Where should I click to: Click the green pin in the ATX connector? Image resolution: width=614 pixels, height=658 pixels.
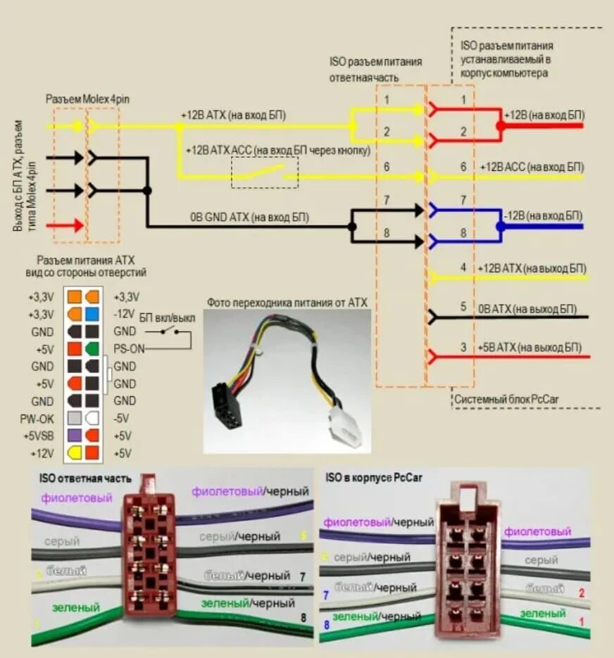pyautogui.click(x=92, y=348)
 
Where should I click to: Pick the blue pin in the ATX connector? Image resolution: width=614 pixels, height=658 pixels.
pyautogui.click(x=92, y=313)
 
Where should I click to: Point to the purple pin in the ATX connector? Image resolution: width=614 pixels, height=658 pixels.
pyautogui.click(x=75, y=436)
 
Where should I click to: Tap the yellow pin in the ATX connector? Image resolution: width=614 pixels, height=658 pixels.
pyautogui.click(x=75, y=453)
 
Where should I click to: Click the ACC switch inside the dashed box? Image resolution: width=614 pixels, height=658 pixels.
pyautogui.click(x=265, y=172)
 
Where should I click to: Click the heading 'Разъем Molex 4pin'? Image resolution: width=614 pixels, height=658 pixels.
pyautogui.click(x=87, y=98)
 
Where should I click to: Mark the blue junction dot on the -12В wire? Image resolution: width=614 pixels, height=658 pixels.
pyautogui.click(x=500, y=227)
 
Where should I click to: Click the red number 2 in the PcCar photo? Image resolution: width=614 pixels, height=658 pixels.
pyautogui.click(x=581, y=593)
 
